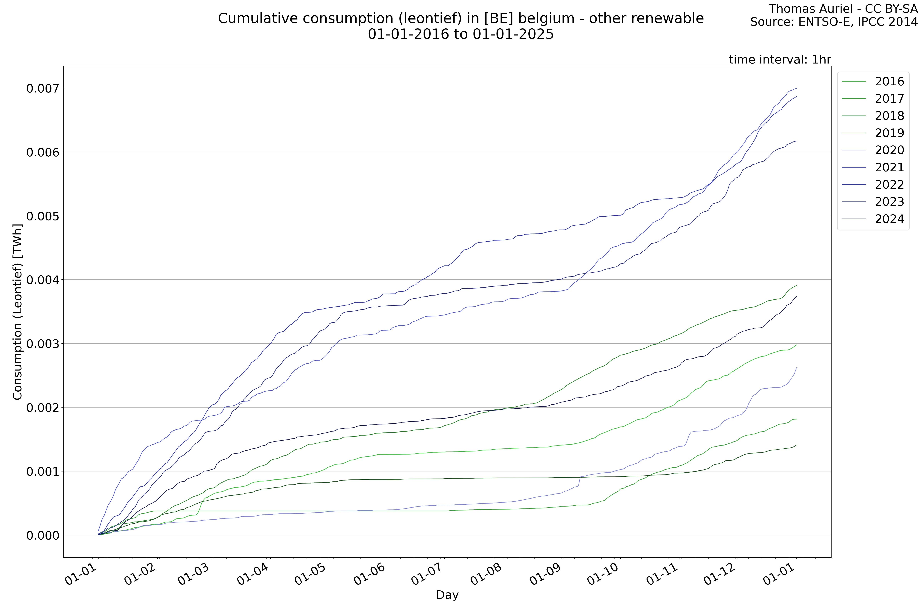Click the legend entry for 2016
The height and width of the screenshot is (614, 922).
[889, 81]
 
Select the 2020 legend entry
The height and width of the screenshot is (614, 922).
[889, 150]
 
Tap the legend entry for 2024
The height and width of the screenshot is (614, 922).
[889, 219]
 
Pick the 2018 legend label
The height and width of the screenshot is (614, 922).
[889, 116]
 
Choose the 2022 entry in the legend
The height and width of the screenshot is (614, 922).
[889, 184]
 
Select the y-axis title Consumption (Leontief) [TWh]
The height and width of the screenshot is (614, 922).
[18, 312]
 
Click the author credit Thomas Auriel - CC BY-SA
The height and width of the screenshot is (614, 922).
[843, 9]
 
